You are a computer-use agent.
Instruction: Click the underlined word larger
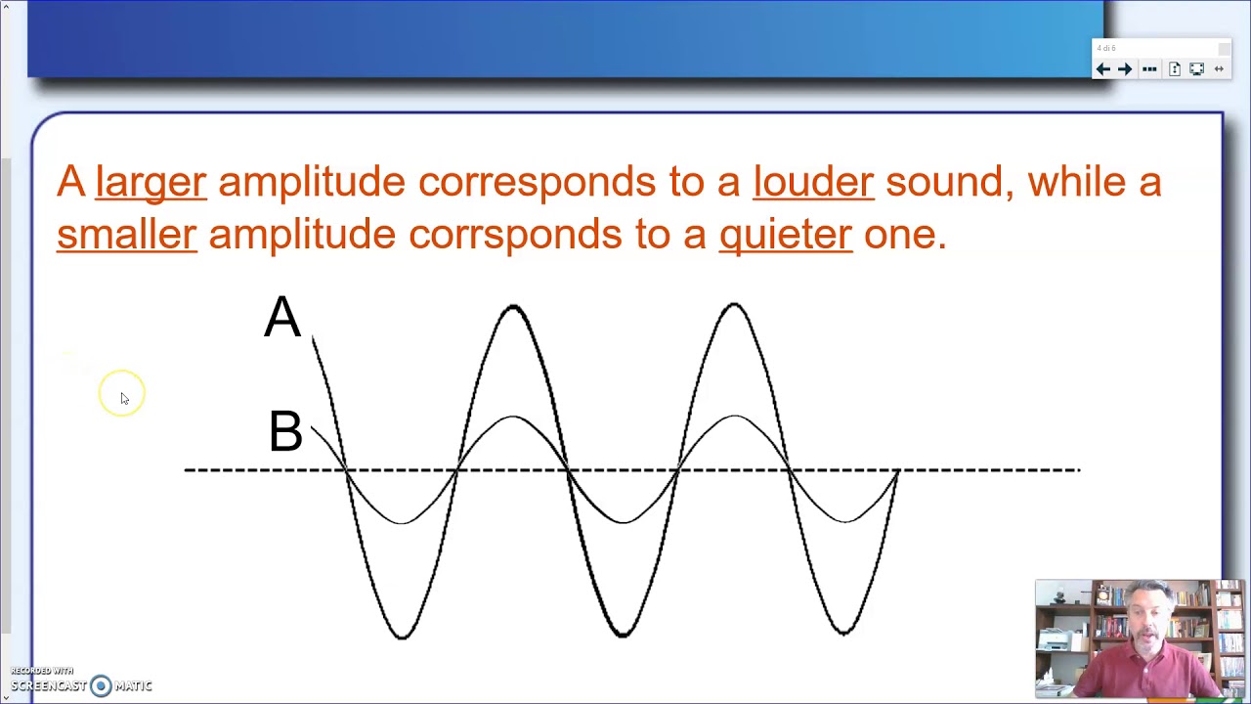coord(151,182)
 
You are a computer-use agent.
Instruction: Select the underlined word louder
coord(812,182)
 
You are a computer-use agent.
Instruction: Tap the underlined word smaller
coord(126,235)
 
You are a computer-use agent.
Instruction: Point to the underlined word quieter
coord(785,235)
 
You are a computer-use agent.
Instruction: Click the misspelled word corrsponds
coord(515,235)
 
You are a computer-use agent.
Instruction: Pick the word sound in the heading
coord(943,182)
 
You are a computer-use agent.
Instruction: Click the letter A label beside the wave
coord(282,318)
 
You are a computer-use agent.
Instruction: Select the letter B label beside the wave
coord(285,431)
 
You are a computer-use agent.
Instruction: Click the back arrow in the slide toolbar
coord(1102,68)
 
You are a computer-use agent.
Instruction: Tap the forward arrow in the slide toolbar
coord(1125,68)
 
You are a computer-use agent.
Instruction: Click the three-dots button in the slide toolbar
coord(1149,68)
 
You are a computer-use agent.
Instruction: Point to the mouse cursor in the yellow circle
coord(123,397)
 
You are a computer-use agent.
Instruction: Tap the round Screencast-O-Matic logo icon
coord(101,685)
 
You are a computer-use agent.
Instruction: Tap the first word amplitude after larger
coord(311,182)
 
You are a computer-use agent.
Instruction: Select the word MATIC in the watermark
coord(133,685)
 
